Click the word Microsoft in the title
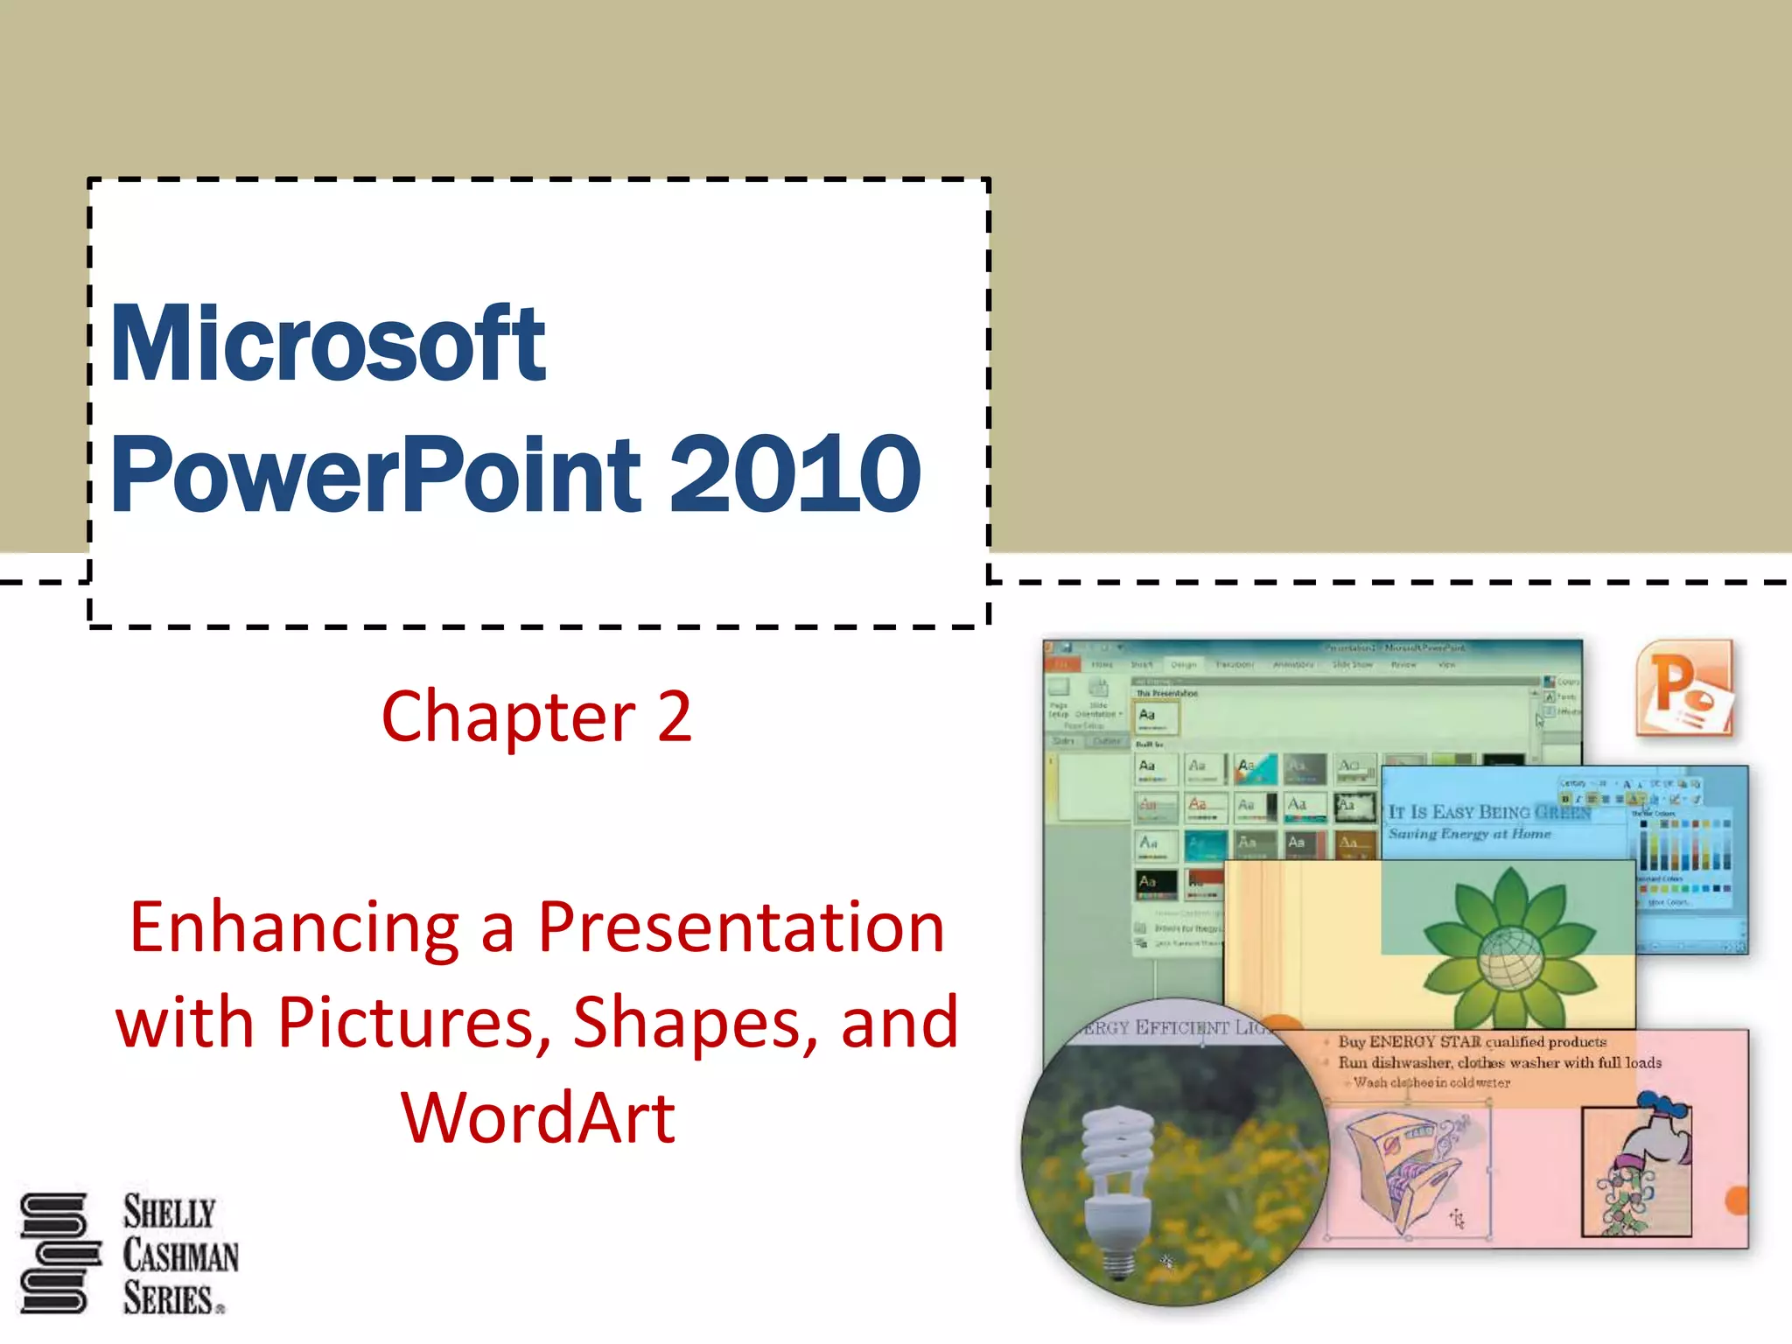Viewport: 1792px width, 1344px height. click(327, 343)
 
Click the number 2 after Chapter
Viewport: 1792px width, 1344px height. click(674, 717)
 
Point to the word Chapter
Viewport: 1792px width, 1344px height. click(508, 717)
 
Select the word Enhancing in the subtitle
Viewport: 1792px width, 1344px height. click(294, 929)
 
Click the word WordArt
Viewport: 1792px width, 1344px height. click(537, 1118)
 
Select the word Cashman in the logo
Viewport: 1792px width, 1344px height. click(180, 1256)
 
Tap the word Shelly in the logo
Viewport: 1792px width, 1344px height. click(169, 1213)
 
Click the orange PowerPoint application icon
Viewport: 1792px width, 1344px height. click(1684, 688)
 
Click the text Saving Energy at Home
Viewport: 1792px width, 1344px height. click(1469, 834)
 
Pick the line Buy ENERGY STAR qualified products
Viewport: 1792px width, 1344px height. click(1472, 1042)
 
